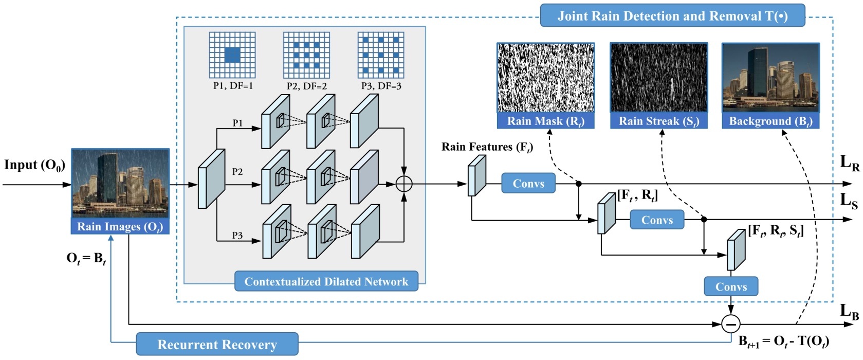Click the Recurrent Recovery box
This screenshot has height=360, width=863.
tap(217, 344)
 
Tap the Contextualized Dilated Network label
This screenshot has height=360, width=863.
tap(326, 281)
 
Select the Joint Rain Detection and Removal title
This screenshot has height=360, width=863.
tap(672, 16)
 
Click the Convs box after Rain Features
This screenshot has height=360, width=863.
tap(528, 184)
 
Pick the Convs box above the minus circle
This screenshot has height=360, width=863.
tap(730, 286)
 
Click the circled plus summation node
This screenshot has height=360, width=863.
tap(404, 184)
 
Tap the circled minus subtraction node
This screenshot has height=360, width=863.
tap(730, 324)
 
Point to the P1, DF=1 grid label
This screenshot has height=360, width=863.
tap(233, 86)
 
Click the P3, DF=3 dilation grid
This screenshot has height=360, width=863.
tap(381, 55)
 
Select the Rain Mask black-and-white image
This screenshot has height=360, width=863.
tap(545, 78)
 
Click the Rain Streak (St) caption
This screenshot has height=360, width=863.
tap(658, 121)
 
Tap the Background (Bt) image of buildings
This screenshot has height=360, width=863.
tap(770, 78)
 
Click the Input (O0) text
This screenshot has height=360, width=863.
tap(34, 165)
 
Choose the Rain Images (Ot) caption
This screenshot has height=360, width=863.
tap(120, 227)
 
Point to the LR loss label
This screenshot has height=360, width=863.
tap(849, 163)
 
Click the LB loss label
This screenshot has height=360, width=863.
tap(849, 311)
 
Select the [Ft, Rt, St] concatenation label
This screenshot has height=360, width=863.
tap(775, 230)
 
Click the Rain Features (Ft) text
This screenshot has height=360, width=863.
tap(487, 147)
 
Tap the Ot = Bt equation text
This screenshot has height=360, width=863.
tap(86, 258)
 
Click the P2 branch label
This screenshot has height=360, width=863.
tap(237, 171)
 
